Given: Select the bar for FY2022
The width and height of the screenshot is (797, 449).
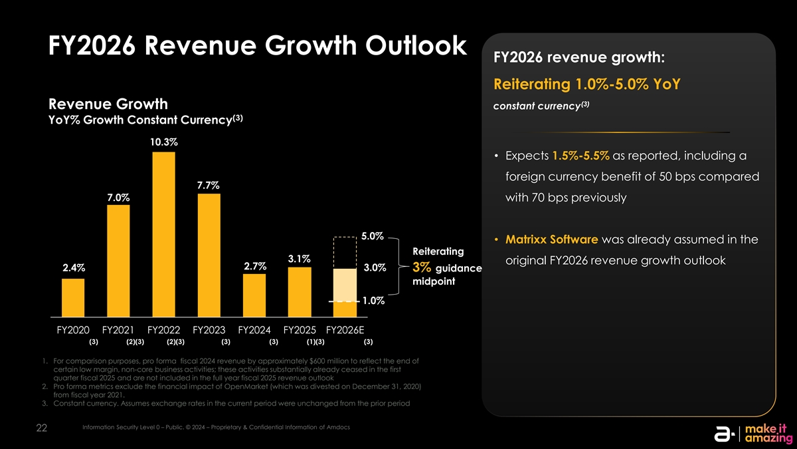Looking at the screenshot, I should pos(163,235).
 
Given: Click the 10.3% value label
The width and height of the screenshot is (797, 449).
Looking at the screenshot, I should pos(163,142).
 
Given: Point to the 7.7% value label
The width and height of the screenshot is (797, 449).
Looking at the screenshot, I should pos(209,184).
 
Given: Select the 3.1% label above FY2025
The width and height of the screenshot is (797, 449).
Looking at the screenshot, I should pos(300,258).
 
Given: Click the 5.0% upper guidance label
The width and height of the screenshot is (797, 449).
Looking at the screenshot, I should pos(373,236).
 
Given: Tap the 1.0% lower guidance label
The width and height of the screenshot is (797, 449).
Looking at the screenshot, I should pos(373,301).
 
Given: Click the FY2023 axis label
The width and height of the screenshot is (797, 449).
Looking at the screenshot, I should pos(209,331).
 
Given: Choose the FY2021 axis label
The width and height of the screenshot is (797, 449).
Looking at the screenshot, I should pos(118,331).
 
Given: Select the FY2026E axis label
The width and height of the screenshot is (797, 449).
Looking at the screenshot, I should pos(345,331).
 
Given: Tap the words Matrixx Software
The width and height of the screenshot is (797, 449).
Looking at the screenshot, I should pos(551,239).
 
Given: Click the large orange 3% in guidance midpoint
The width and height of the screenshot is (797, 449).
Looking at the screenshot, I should pos(422,268).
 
